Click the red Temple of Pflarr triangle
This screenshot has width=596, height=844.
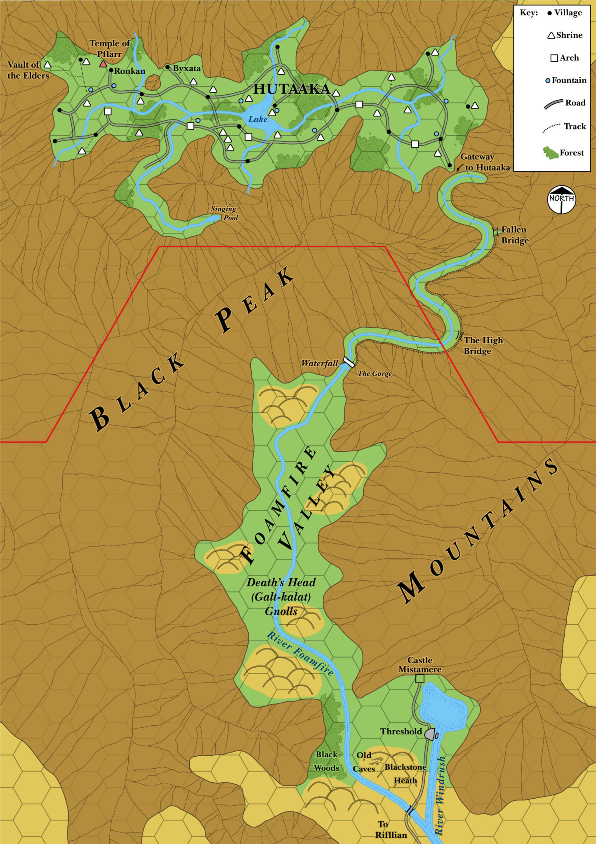(103, 64)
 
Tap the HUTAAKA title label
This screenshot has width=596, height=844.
(292, 89)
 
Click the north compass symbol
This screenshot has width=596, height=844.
(561, 200)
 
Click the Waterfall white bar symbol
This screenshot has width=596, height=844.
(349, 362)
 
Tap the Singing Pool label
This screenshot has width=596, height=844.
(224, 213)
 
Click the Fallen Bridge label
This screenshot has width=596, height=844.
(514, 235)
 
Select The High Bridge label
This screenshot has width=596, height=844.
(483, 345)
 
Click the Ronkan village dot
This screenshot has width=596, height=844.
(111, 70)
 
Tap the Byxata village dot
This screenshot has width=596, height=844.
(167, 67)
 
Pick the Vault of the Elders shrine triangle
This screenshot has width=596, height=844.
(47, 65)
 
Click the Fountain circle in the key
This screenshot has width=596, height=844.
(548, 81)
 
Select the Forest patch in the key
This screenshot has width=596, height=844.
(550, 153)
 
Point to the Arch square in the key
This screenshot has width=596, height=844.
(554, 58)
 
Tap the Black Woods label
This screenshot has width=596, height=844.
(327, 761)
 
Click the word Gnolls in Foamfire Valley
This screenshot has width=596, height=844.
(281, 611)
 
